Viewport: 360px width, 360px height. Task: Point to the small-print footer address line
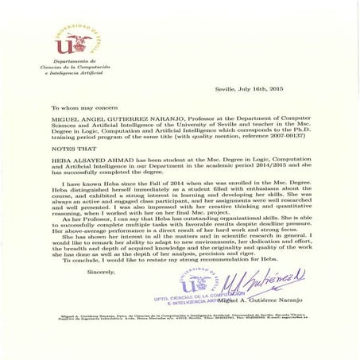180,317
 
